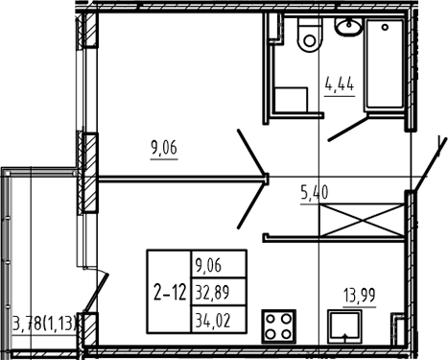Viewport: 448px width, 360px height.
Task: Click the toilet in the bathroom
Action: coord(309,35)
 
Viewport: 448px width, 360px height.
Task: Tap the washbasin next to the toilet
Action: coord(349,26)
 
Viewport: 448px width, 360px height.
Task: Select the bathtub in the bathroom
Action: coord(385,63)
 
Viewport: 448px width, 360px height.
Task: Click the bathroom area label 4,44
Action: coord(340,85)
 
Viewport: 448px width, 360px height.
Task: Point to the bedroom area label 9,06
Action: coord(164,148)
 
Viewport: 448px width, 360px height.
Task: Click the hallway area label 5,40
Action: coord(315,193)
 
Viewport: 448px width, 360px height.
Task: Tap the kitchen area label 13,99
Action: coord(360,296)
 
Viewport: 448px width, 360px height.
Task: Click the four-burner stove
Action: coord(278,325)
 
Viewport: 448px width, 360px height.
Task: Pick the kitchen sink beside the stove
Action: coord(344,326)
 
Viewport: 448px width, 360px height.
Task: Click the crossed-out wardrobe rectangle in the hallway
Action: coord(362,220)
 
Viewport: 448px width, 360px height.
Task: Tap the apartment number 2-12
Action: coord(170,293)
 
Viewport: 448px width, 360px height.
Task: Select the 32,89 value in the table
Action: coord(213,293)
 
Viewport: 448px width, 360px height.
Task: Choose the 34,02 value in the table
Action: coord(213,321)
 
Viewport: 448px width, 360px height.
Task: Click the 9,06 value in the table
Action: coord(208,265)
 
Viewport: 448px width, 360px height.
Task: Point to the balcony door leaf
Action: coord(97,292)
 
